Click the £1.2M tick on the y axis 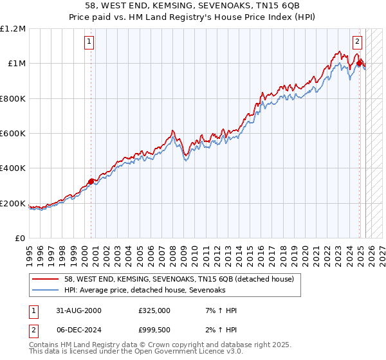pyautogui.click(x=13, y=28)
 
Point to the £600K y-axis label pyautogui.click(x=13, y=134)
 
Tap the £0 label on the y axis pyautogui.click(x=20, y=239)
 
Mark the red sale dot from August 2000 pyautogui.click(x=91, y=181)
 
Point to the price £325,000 pyautogui.click(x=154, y=310)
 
